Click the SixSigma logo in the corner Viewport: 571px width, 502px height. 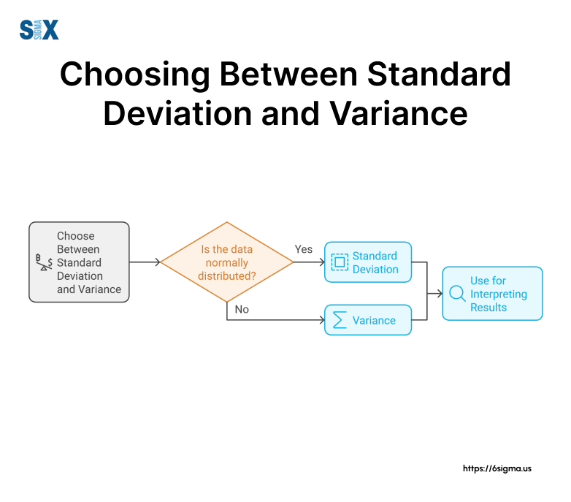(39, 29)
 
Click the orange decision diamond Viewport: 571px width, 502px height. (227, 262)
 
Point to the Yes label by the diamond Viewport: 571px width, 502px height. (303, 249)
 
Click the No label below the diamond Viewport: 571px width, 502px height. (242, 309)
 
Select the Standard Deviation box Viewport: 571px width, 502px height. (368, 262)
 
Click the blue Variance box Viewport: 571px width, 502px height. (368, 320)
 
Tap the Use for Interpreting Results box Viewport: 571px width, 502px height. (492, 294)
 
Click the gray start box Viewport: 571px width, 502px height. (79, 262)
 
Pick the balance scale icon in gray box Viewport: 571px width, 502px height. (44, 262)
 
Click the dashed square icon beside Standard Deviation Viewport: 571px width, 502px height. (340, 262)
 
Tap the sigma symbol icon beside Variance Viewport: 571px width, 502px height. (340, 320)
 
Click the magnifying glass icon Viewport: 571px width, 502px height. (457, 294)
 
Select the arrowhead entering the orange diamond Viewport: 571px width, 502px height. (156, 262)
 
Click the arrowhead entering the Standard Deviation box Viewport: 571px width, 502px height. (321, 262)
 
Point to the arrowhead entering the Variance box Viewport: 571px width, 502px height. (321, 320)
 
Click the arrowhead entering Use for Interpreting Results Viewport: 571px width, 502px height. (439, 294)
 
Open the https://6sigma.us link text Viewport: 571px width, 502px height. (497, 468)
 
